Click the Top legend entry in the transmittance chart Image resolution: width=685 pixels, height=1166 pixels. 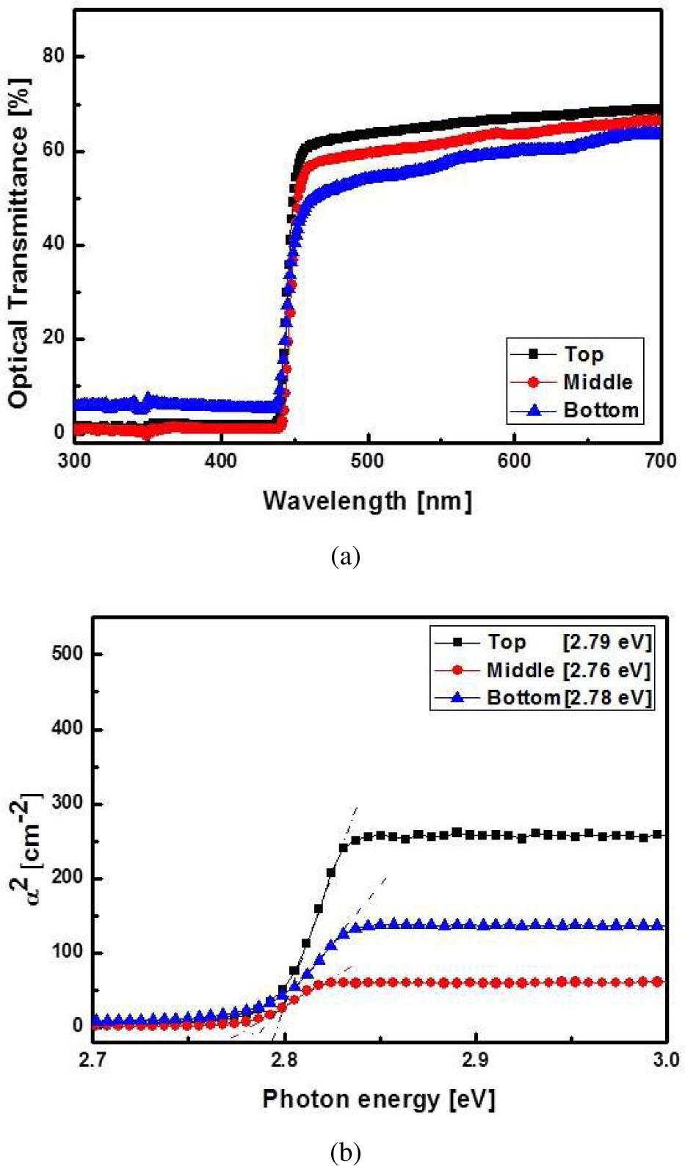[584, 354]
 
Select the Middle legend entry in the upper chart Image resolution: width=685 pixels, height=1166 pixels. [598, 382]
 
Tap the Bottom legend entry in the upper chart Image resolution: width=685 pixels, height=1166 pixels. [601, 409]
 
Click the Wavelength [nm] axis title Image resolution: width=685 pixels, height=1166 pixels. [367, 500]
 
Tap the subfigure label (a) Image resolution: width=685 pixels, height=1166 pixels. [346, 556]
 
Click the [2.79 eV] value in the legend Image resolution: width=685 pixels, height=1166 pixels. [607, 642]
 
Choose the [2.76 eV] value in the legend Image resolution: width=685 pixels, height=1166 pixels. [607, 669]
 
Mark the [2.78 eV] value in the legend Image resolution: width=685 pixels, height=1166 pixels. [607, 696]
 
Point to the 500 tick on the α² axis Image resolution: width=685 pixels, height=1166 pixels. [67, 655]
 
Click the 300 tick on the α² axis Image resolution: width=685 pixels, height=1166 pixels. [67, 804]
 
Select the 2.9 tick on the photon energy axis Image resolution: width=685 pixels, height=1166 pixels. [476, 1060]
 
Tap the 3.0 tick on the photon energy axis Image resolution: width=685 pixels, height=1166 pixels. [665, 1060]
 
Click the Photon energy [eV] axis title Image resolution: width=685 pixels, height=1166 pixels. [379, 1099]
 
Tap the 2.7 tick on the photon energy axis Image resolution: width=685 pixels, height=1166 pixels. [93, 1060]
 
